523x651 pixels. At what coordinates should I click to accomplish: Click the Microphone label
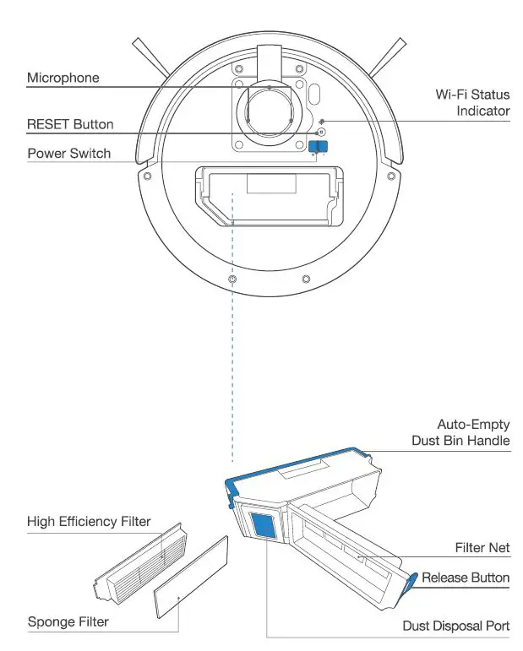[63, 78]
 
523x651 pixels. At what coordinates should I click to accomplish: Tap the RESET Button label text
[70, 125]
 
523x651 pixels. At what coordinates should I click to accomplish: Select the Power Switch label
[68, 154]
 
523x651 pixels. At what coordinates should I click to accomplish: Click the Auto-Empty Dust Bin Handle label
[460, 432]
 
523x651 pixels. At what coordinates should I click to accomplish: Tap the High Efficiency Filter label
[89, 521]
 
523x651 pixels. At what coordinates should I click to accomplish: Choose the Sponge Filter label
[68, 622]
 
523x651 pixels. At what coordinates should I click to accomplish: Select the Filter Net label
[482, 547]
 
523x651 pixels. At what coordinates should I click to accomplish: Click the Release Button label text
[466, 578]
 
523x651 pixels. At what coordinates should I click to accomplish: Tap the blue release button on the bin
[412, 580]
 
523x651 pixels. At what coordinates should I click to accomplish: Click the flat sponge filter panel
[191, 578]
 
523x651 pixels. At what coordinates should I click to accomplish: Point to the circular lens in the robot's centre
[268, 111]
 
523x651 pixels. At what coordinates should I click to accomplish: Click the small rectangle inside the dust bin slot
[270, 183]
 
